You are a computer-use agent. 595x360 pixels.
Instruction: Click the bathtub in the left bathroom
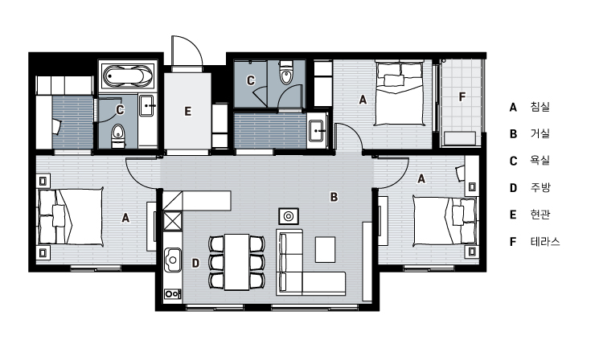pos(128,76)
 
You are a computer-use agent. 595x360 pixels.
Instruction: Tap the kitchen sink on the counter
pos(173,260)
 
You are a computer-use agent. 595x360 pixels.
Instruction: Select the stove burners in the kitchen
pos(172,293)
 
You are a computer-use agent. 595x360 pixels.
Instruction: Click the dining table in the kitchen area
pos(236,262)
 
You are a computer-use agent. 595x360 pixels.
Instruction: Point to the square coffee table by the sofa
pos(325,249)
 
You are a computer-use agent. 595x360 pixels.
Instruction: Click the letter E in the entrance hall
pos(188,112)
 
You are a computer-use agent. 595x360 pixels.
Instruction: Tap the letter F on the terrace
pos(462,96)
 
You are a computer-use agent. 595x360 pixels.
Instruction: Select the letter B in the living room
pos(334,197)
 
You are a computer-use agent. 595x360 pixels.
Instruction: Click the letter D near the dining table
pos(195,263)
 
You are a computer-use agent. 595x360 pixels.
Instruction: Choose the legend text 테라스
pos(545,242)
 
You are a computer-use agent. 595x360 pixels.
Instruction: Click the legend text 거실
pos(540,133)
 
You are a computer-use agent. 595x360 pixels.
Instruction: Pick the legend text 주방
pos(540,187)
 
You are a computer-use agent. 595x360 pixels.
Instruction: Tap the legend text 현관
pos(540,215)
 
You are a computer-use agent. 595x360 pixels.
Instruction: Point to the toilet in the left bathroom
pos(118,137)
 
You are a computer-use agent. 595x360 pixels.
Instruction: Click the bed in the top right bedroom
pos(399,93)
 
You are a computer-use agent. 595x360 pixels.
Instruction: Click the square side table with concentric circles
pos(289,216)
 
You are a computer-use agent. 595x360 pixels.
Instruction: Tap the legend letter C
pos(513,161)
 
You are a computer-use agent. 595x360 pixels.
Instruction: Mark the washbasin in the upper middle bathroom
pos(317,130)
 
